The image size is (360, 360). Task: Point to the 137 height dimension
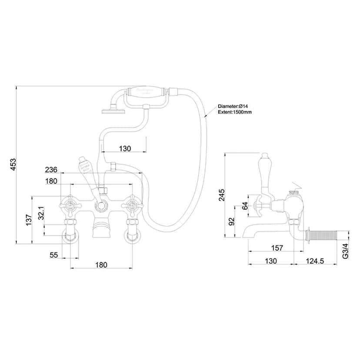[x=28, y=220]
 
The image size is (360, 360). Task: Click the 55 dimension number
[x=53, y=255]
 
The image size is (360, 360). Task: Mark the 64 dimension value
[x=245, y=205]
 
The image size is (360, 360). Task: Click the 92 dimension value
[x=231, y=222]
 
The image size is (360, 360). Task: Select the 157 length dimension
[x=276, y=248]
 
